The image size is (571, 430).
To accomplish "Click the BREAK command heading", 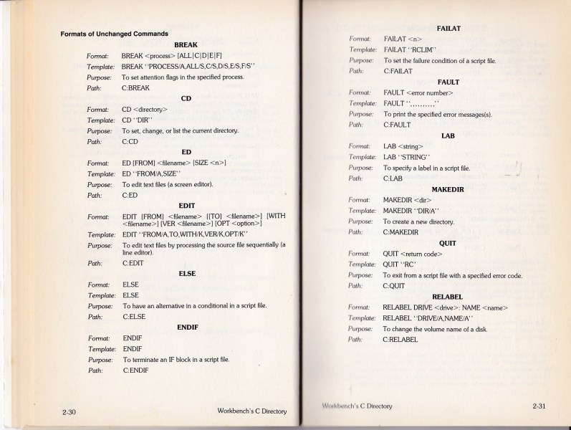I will click(186, 44).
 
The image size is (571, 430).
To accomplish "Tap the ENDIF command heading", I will click(187, 327).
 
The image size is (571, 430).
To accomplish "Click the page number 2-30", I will click(69, 411).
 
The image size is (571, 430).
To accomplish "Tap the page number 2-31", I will click(540, 406).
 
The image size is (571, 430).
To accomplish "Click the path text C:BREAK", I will click(135, 88).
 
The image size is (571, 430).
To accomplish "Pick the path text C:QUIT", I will click(395, 285).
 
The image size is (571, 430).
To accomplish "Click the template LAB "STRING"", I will click(406, 156).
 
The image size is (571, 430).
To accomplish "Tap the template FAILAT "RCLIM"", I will click(412, 49).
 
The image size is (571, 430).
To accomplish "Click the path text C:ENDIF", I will click(135, 370).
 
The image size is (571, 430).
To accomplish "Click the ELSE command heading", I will click(186, 274).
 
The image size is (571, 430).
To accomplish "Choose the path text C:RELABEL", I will click(400, 339).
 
